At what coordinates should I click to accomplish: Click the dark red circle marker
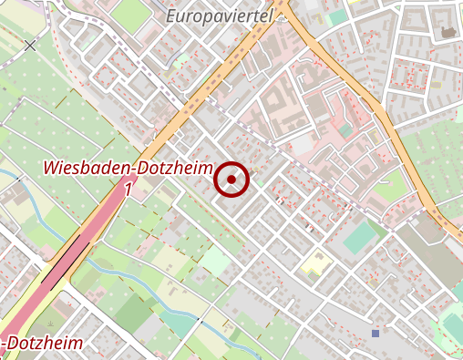(232, 180)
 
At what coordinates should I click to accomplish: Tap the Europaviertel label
(221, 15)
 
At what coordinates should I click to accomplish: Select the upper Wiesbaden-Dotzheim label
(128, 170)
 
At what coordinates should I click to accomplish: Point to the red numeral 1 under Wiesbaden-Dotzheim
(128, 190)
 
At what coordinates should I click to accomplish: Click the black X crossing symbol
(31, 45)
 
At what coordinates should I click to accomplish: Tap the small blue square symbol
(375, 334)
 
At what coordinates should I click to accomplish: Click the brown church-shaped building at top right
(448, 33)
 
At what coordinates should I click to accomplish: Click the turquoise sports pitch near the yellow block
(362, 238)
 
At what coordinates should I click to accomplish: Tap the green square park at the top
(134, 14)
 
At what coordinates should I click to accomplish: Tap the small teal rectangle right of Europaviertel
(338, 17)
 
